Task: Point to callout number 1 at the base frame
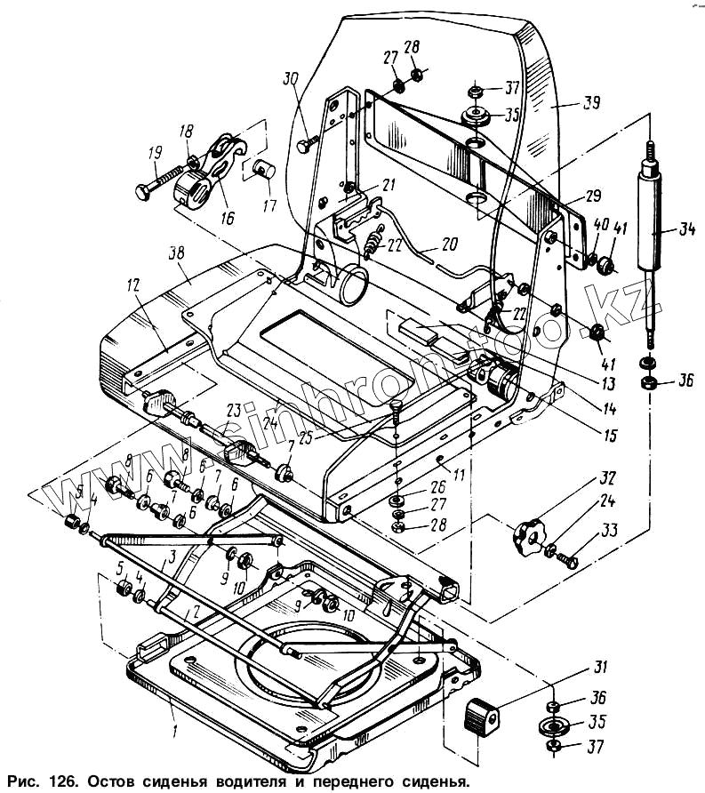175,732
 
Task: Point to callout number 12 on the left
133,285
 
